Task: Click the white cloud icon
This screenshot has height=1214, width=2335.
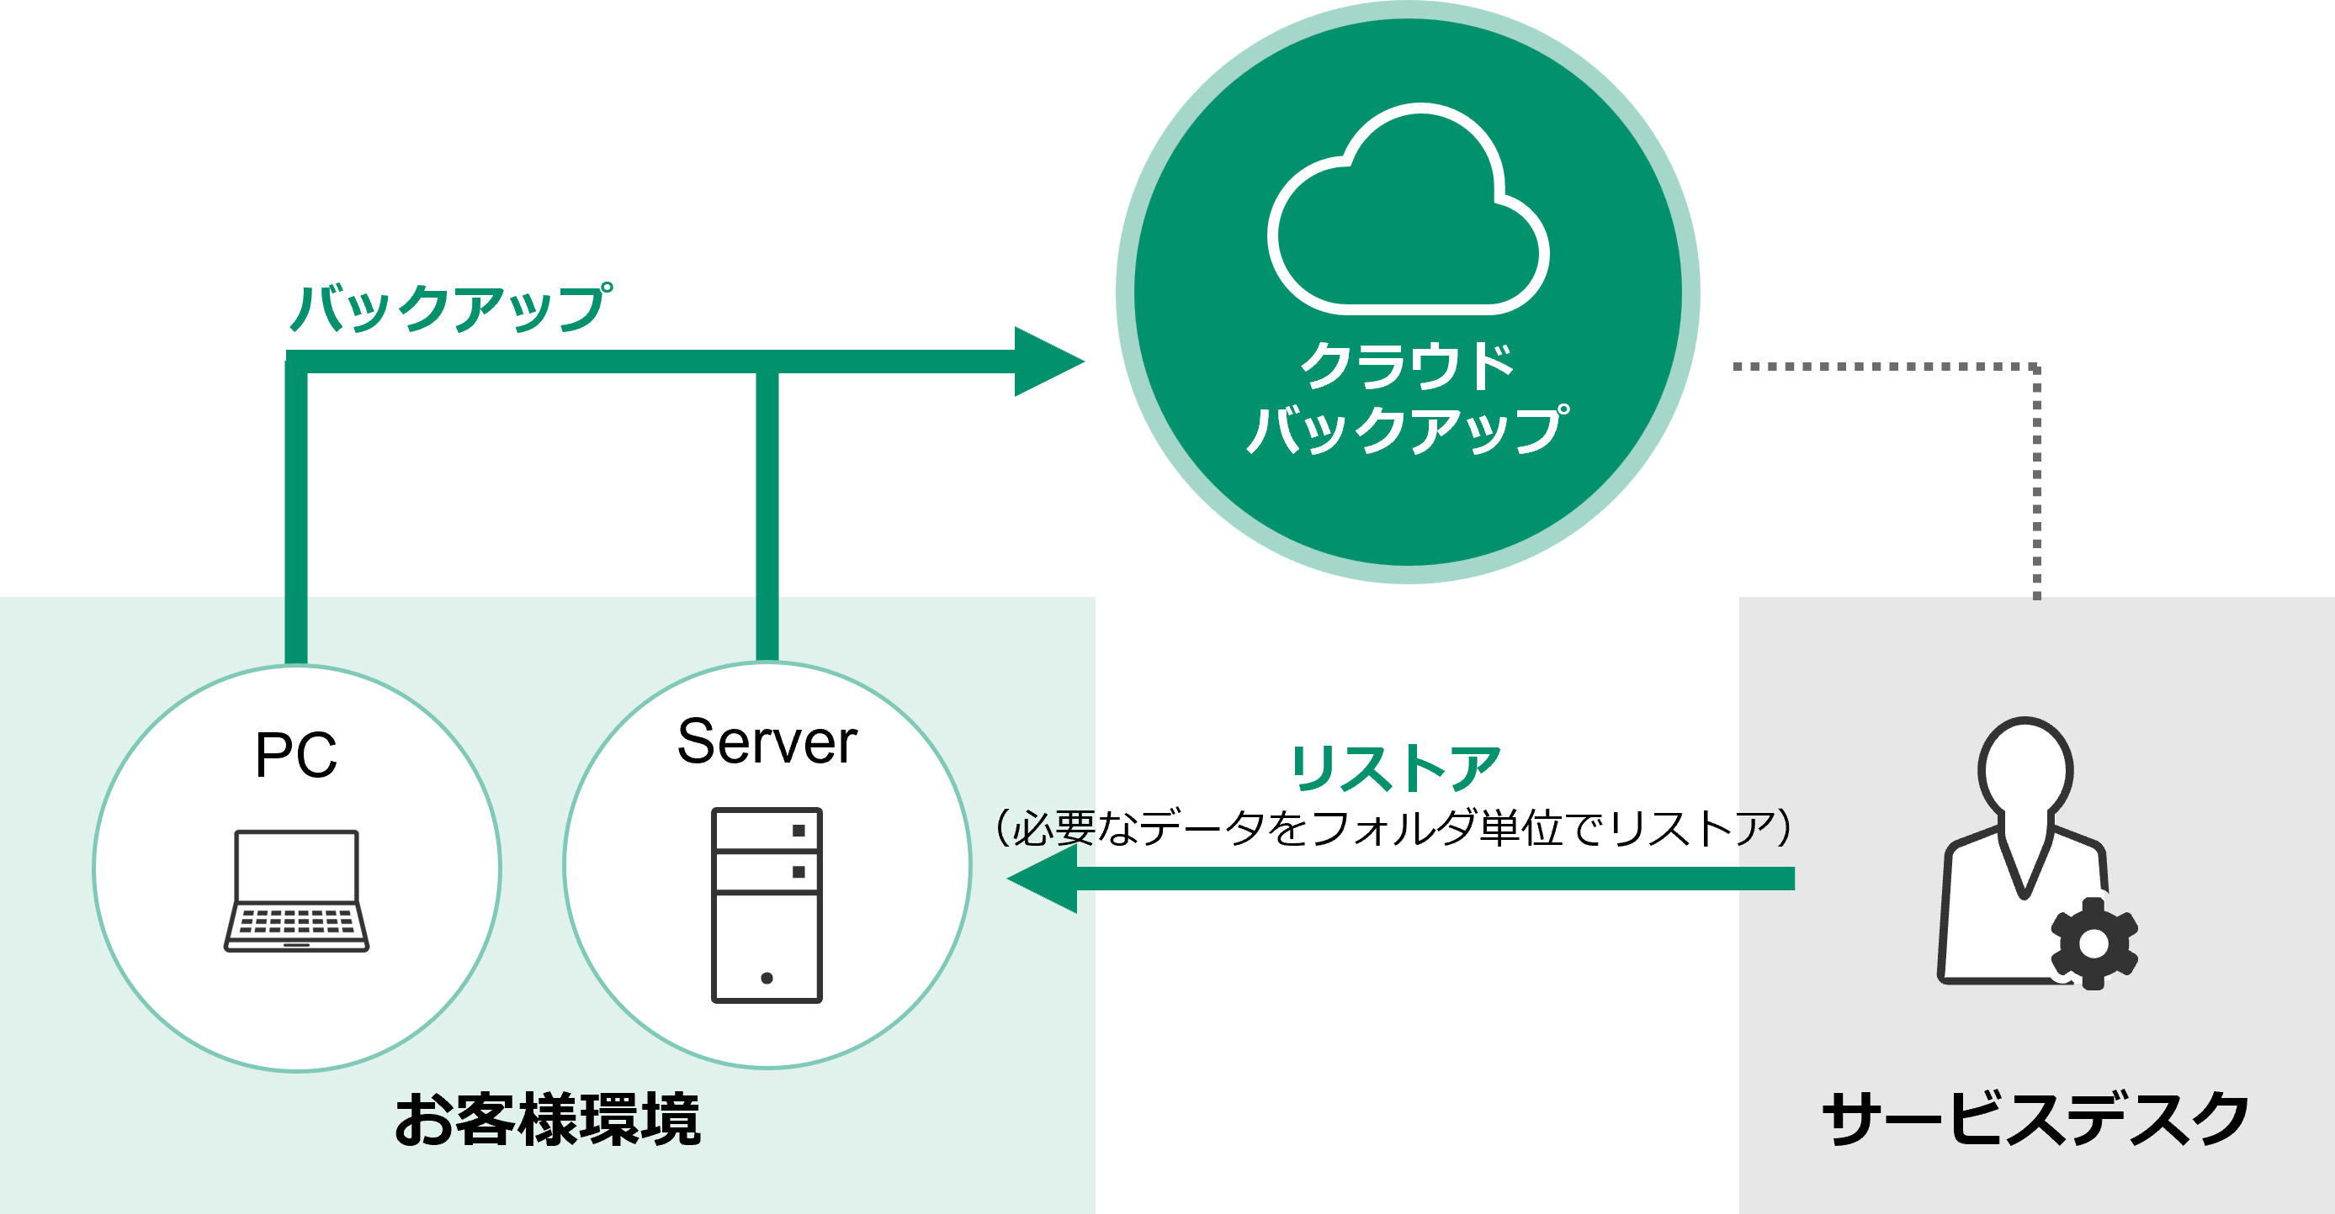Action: tap(1408, 209)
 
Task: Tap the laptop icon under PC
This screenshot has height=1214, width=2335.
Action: tap(296, 890)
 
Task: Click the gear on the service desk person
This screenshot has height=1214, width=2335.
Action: tap(2093, 943)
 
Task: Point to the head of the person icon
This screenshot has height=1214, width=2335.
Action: tap(2025, 768)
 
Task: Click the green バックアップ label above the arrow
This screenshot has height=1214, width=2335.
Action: tap(450, 308)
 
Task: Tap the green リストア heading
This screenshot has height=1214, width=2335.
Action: tap(1395, 768)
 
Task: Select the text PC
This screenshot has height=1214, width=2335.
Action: tap(296, 755)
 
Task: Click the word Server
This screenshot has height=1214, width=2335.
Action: tap(767, 742)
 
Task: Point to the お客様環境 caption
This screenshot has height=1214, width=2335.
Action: tap(548, 1120)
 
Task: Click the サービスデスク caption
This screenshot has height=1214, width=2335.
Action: tap(2036, 1118)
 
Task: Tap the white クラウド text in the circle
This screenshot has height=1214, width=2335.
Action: tap(1408, 366)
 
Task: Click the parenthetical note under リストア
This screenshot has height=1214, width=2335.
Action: tap(1394, 827)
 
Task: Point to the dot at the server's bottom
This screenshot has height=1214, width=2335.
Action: tap(767, 978)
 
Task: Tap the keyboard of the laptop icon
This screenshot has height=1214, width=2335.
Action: tap(296, 922)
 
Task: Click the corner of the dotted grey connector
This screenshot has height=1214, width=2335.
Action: tap(2037, 367)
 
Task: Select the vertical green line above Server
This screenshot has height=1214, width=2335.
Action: tap(767, 516)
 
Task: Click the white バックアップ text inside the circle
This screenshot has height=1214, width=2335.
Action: tap(1408, 430)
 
